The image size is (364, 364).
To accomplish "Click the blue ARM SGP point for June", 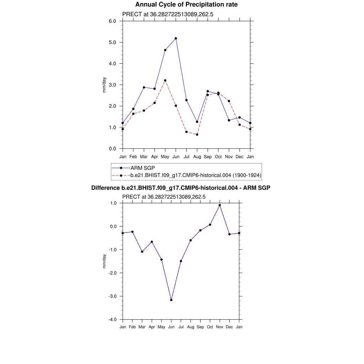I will (x=176, y=38).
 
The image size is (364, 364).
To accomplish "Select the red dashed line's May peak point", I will (x=165, y=81).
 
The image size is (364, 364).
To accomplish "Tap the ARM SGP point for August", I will (x=197, y=122).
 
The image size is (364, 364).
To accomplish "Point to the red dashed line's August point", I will (x=197, y=134).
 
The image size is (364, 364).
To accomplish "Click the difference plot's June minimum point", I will (x=171, y=300).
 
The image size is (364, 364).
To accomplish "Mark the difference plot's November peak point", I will (x=220, y=205).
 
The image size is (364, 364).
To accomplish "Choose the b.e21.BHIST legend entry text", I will (x=196, y=175).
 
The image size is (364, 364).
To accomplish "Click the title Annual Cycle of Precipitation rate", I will (x=186, y=5).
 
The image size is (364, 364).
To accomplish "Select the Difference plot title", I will (x=181, y=188).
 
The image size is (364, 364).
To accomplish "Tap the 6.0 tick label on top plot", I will (x=113, y=21).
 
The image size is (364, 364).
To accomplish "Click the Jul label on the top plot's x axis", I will (x=186, y=156).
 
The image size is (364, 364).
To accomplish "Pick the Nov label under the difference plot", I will (x=220, y=327).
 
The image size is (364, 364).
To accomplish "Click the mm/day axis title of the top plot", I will (x=105, y=85).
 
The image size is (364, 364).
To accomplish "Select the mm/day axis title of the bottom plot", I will (x=105, y=261).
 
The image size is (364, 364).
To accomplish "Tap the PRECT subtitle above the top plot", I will (x=167, y=14).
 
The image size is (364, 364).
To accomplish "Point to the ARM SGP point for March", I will (x=144, y=87).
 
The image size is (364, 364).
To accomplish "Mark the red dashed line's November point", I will (x=229, y=101).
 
